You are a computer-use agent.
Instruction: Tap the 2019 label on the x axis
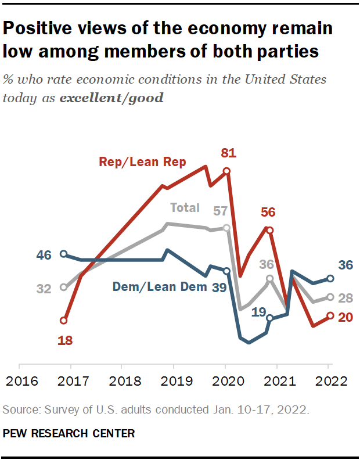[172, 381]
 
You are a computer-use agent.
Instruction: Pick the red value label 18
[64, 340]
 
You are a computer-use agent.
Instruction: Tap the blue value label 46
[44, 254]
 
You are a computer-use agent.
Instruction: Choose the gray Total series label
[185, 208]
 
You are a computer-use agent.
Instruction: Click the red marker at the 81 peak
[226, 171]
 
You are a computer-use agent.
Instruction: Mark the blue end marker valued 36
[330, 279]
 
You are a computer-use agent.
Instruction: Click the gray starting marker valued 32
[64, 287]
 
